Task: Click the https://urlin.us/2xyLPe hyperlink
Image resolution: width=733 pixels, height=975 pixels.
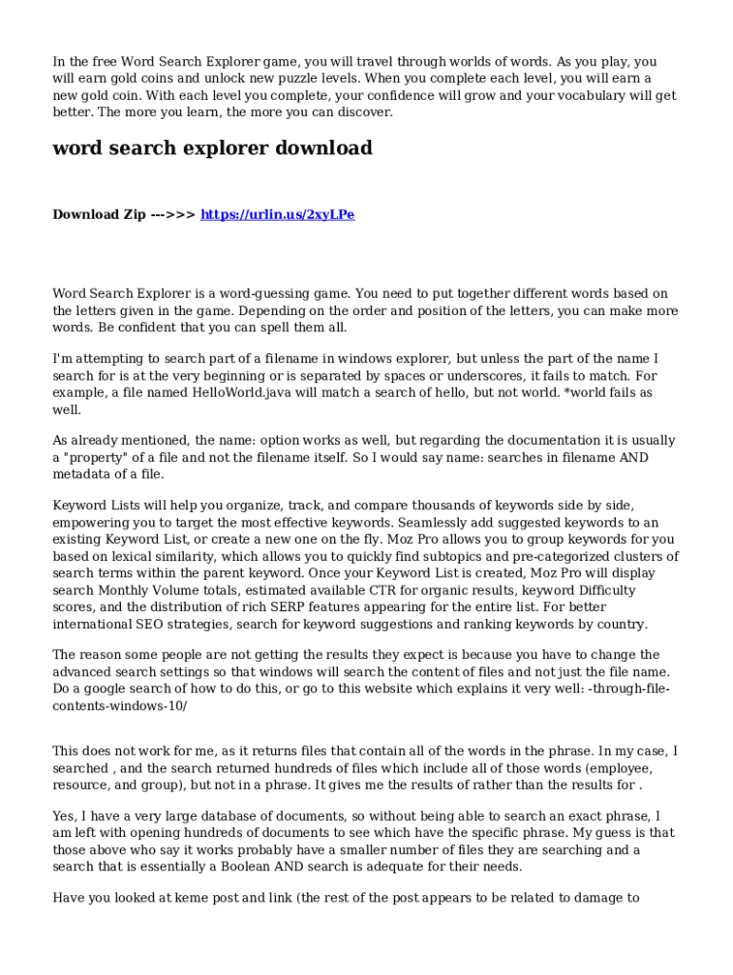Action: point(277,214)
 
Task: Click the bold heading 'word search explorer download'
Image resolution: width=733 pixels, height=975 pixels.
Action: point(212,149)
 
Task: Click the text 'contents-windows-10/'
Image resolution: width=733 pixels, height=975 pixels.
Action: point(120,706)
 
